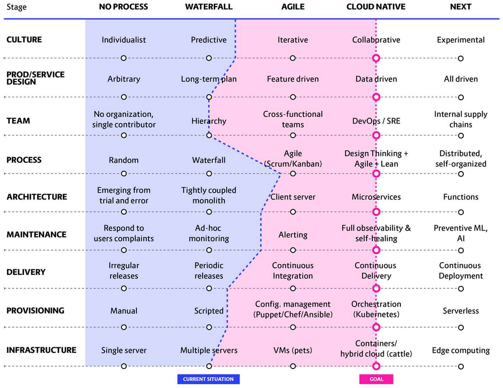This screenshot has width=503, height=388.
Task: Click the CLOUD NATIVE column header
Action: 376,7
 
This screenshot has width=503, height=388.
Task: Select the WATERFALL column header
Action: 209,7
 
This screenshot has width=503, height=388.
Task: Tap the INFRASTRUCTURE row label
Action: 41,350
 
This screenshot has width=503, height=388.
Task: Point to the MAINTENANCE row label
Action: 36,235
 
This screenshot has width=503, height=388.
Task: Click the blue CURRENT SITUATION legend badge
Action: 209,379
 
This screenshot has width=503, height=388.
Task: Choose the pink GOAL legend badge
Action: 376,379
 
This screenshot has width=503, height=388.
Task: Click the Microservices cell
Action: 376,197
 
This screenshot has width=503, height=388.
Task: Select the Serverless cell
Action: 461,311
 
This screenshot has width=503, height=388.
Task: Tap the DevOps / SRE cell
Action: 376,121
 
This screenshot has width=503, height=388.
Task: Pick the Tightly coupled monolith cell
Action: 209,195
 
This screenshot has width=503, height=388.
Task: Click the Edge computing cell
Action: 461,350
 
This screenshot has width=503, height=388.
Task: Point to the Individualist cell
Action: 124,40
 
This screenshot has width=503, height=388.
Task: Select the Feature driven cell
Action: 293,79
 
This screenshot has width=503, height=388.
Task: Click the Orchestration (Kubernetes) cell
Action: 376,309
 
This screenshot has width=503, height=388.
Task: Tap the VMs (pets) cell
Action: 293,350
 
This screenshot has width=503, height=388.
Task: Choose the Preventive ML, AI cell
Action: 461,233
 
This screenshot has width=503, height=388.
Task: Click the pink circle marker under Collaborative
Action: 376,58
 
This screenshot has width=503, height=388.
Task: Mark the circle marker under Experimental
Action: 461,58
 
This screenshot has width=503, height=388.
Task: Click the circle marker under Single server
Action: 124,366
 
